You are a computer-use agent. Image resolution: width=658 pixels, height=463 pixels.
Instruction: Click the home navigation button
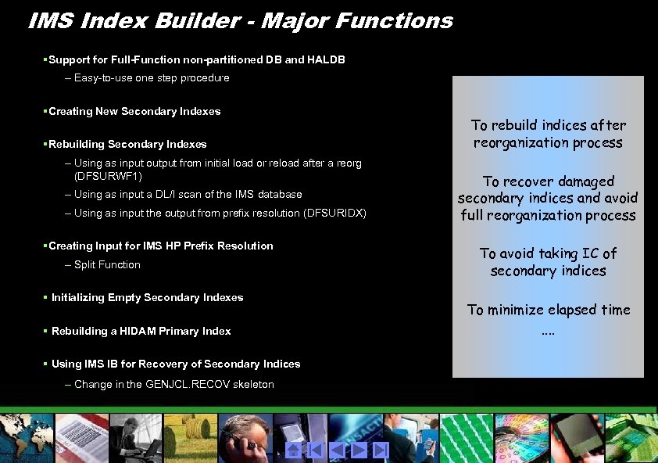[x=294, y=450]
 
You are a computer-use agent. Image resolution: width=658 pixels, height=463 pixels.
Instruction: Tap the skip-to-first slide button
[x=315, y=450]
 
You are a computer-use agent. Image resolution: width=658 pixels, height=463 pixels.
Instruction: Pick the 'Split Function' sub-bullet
[x=107, y=264]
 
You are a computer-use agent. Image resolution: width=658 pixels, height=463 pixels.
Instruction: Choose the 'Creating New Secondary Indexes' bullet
[x=134, y=111]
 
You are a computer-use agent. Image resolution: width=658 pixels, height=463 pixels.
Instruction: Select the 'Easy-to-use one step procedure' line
[x=152, y=77]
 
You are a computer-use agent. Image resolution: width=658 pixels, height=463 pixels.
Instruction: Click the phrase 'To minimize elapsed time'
[x=548, y=310]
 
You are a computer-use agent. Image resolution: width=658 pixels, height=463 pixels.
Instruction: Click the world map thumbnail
[x=23, y=436]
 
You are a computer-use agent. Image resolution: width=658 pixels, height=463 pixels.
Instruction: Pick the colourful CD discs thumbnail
[x=522, y=436]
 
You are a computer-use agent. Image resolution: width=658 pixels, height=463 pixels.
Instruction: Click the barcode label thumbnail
[x=80, y=436]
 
